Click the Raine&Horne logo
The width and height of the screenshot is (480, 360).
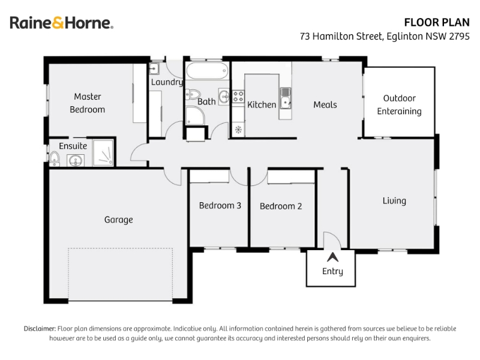pyautogui.click(x=62, y=23)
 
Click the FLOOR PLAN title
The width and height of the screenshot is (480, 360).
pyautogui.click(x=437, y=22)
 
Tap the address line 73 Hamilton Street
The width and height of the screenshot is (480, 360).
pyautogui.click(x=385, y=36)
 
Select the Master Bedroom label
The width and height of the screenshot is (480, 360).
pyautogui.click(x=88, y=103)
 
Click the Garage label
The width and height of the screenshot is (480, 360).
pyautogui.click(x=118, y=220)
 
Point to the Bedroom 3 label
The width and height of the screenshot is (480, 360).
pyautogui.click(x=220, y=205)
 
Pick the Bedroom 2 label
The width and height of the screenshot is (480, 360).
pyautogui.click(x=281, y=206)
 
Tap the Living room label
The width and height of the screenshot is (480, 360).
pyautogui.click(x=394, y=201)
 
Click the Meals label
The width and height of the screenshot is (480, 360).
pyautogui.click(x=325, y=104)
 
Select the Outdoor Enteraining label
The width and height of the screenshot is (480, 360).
pyautogui.click(x=399, y=104)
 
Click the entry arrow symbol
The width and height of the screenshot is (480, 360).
pyautogui.click(x=332, y=257)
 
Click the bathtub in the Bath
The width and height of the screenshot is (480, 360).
pyautogui.click(x=207, y=71)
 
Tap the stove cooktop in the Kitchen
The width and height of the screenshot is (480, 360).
pyautogui.click(x=238, y=97)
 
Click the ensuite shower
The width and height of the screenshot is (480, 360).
pyautogui.click(x=103, y=152)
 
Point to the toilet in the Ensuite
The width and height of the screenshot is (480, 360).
pyautogui.click(x=54, y=158)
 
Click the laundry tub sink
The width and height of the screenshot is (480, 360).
pyautogui.click(x=154, y=68)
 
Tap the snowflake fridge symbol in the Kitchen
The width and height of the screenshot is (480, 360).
pyautogui.click(x=238, y=130)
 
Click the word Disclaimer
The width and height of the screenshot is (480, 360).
pyautogui.click(x=40, y=329)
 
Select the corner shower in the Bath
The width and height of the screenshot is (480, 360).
pyautogui.click(x=195, y=116)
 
